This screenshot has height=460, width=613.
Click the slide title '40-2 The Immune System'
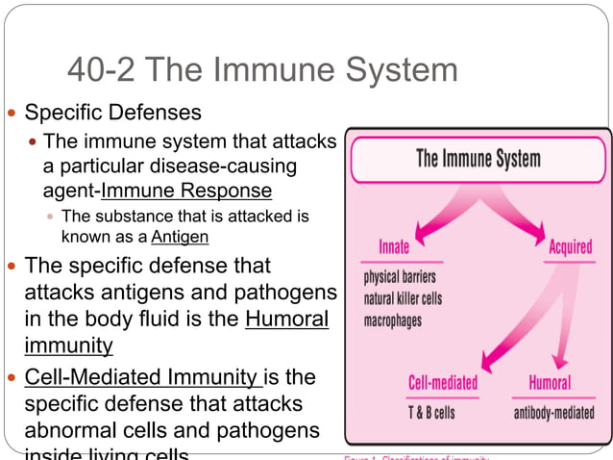[x=262, y=70]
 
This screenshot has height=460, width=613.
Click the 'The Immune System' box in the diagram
[x=478, y=159]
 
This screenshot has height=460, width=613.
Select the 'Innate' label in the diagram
[x=394, y=247]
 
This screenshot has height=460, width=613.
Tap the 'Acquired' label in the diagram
[x=570, y=247]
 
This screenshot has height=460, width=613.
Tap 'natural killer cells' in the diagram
[x=403, y=298]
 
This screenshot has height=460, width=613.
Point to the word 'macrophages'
[x=392, y=320]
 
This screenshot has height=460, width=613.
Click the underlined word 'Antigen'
[x=180, y=236]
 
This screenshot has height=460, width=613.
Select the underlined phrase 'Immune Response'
[x=186, y=190]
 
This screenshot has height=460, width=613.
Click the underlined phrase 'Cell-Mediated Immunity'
[x=142, y=376]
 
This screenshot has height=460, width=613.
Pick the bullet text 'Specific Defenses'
[x=112, y=113]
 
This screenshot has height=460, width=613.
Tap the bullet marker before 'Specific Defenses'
[x=12, y=114]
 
